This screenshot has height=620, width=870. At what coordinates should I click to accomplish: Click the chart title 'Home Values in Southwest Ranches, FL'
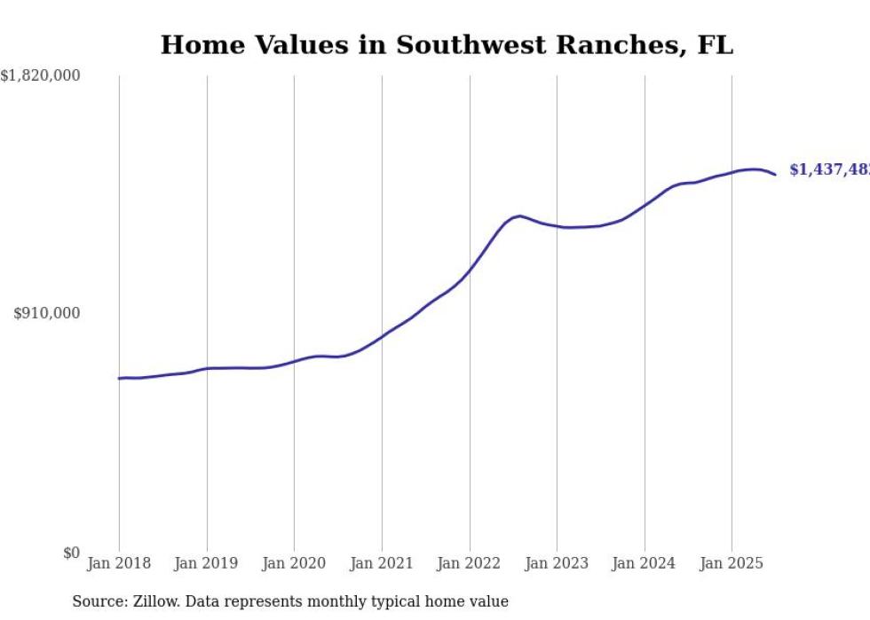pyautogui.click(x=447, y=45)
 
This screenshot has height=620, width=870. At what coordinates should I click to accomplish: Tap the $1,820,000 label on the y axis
pyautogui.click(x=40, y=76)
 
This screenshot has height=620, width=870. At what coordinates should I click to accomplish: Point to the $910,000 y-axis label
pyautogui.click(x=46, y=313)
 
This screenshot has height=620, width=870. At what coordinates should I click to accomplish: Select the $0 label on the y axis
pyautogui.click(x=70, y=553)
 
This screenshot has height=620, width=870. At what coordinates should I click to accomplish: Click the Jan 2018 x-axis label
pyautogui.click(x=119, y=563)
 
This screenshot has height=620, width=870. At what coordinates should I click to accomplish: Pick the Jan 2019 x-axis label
pyautogui.click(x=207, y=563)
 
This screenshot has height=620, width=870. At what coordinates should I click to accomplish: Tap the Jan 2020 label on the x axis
pyautogui.click(x=294, y=563)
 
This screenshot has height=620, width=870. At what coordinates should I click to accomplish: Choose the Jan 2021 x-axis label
pyautogui.click(x=382, y=563)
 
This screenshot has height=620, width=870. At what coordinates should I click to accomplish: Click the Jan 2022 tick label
pyautogui.click(x=470, y=563)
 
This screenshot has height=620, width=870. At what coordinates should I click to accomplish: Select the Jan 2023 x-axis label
pyautogui.click(x=557, y=563)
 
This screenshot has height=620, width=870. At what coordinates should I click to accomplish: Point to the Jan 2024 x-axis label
pyautogui.click(x=645, y=563)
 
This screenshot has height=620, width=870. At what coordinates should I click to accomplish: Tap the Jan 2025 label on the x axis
pyautogui.click(x=732, y=563)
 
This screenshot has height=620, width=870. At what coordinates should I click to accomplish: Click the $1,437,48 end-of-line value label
pyautogui.click(x=829, y=169)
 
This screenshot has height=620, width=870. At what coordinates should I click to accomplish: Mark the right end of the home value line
pyautogui.click(x=775, y=175)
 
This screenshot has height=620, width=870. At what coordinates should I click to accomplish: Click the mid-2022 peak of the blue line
pyautogui.click(x=519, y=216)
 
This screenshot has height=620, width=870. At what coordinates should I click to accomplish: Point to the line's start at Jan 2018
pyautogui.click(x=119, y=379)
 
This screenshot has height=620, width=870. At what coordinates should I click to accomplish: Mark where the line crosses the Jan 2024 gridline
pyautogui.click(x=645, y=205)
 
